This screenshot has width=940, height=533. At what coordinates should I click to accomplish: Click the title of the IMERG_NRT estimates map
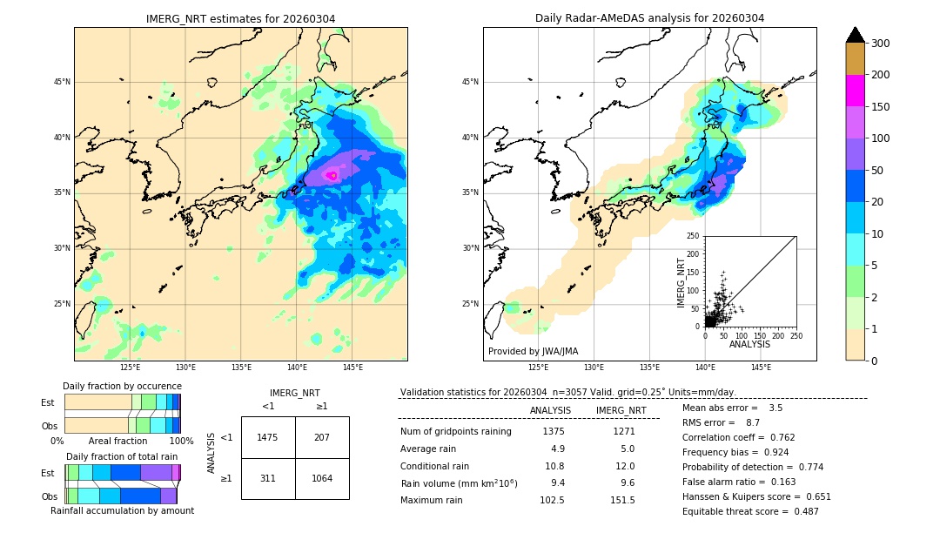tap(240, 18)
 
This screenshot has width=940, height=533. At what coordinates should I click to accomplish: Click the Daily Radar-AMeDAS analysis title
tap(649, 18)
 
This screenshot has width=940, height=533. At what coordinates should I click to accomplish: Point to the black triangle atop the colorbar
tap(856, 35)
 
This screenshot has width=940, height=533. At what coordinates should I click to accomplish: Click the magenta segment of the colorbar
tap(856, 91)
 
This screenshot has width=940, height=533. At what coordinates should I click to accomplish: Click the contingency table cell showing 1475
tap(268, 437)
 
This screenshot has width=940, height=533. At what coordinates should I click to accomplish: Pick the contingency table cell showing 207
tap(322, 437)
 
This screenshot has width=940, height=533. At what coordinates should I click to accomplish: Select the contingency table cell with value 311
tap(268, 478)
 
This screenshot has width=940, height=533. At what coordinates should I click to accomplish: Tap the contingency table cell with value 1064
tap(322, 478)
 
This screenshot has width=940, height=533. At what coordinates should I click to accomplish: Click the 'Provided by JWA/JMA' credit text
tap(533, 352)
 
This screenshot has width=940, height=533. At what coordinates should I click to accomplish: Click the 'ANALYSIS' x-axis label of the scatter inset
tap(749, 345)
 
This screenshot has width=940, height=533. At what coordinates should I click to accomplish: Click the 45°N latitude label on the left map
tap(62, 82)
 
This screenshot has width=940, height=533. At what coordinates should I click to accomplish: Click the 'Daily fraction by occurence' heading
tap(122, 386)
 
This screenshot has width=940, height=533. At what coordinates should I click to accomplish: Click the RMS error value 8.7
tap(753, 422)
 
